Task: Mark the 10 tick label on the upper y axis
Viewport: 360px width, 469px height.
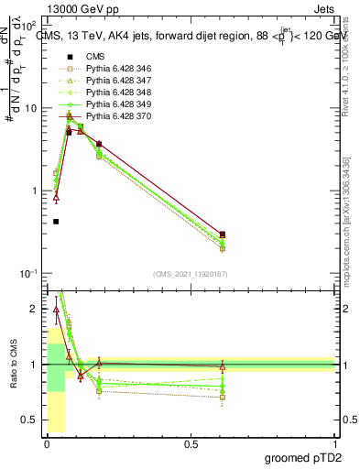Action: (x=28, y=108)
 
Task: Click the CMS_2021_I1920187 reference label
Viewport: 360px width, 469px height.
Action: (x=190, y=274)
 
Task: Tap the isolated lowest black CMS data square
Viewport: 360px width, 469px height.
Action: (x=56, y=222)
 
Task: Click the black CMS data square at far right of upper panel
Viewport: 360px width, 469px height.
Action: (x=223, y=234)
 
